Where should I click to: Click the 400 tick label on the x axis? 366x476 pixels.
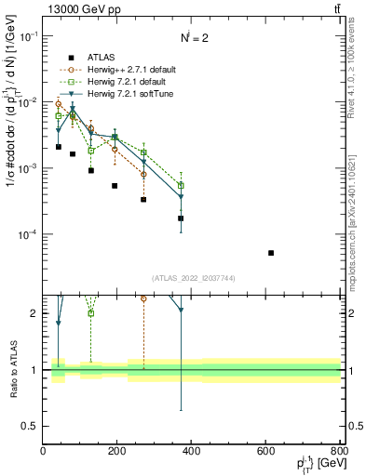[192, 451]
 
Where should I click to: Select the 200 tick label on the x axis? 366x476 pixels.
[117, 451]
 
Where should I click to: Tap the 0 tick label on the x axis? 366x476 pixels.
[44, 451]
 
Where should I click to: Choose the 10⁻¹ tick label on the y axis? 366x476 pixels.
[29, 36]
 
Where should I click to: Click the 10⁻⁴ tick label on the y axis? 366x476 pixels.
[29, 234]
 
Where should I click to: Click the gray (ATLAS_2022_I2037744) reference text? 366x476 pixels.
[192, 278]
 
